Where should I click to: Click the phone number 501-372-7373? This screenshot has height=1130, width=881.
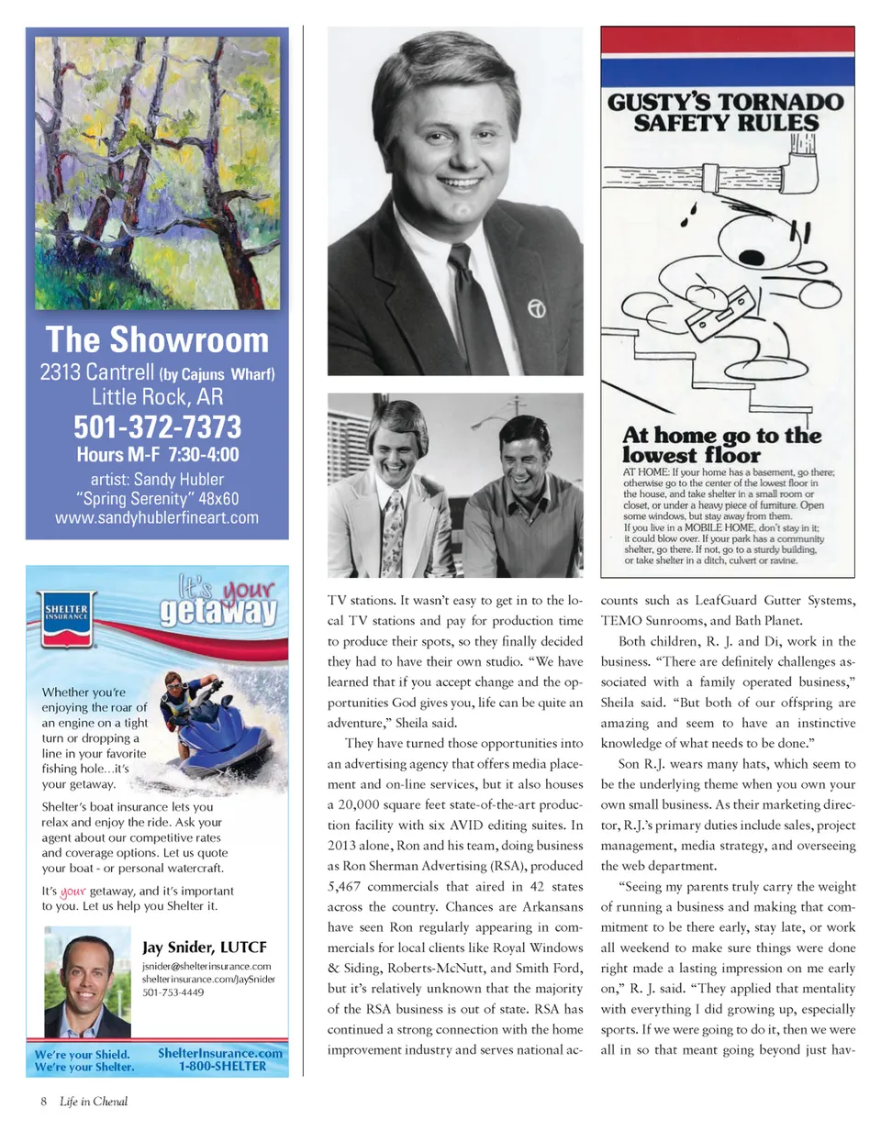click(157, 427)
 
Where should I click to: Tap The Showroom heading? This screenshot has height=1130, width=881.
click(157, 340)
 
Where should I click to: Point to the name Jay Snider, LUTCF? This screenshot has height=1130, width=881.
click(204, 947)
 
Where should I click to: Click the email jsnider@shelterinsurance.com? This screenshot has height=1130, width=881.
click(206, 967)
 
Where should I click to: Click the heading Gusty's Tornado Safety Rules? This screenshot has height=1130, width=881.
click(725, 111)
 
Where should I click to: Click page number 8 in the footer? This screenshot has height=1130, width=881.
click(42, 1101)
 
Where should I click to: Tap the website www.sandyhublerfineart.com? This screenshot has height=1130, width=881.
click(157, 518)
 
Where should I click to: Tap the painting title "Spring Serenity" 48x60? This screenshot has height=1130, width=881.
click(157, 499)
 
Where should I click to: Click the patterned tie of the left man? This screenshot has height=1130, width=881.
click(392, 532)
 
